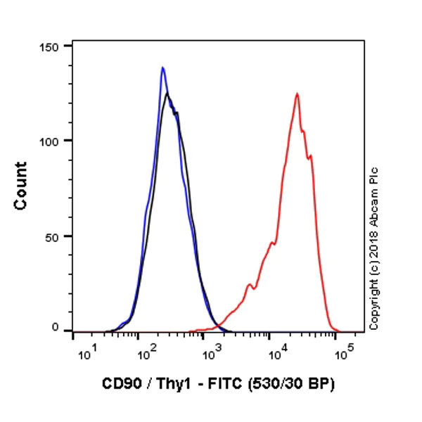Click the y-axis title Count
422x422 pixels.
pyautogui.click(x=21, y=186)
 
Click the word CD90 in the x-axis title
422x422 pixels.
pyautogui.click(x=119, y=385)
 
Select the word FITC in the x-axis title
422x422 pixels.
pyautogui.click(x=215, y=385)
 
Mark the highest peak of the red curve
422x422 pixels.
pyautogui.click(x=298, y=94)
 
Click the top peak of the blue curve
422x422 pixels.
pyautogui.click(x=162, y=68)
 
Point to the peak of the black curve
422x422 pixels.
pyautogui.click(x=167, y=94)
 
